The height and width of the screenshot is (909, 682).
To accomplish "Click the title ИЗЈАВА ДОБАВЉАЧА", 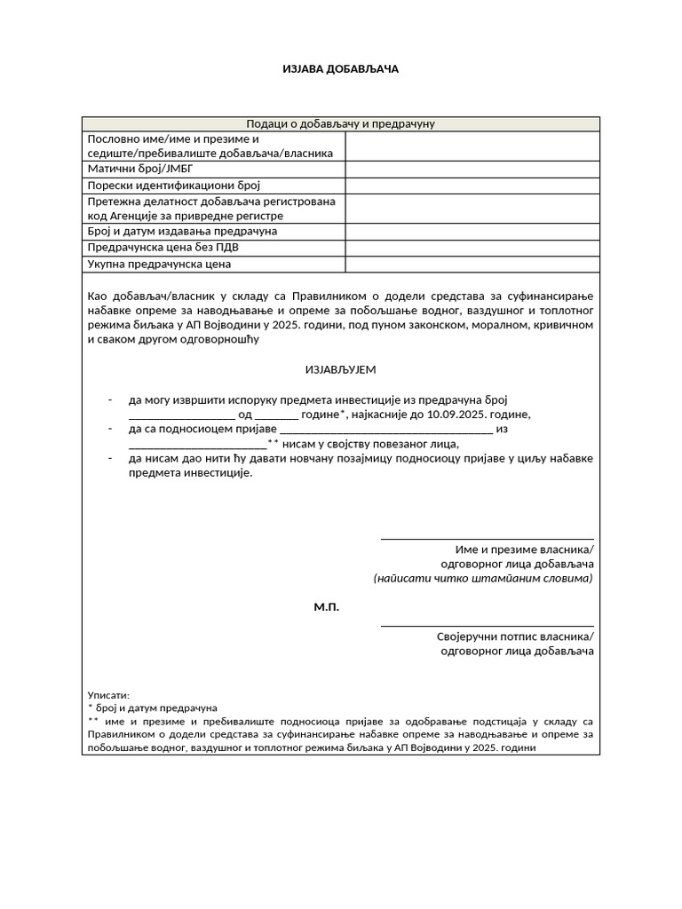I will click(x=340, y=69).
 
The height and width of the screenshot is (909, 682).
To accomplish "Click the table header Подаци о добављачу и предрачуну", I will click(x=340, y=124).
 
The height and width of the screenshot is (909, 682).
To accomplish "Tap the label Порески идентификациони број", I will click(x=172, y=186).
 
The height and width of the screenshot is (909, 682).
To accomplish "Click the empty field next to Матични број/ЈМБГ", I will click(x=472, y=169).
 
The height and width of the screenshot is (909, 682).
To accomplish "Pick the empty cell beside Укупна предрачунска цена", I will click(x=472, y=264).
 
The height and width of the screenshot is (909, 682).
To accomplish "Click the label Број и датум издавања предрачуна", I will click(x=182, y=231).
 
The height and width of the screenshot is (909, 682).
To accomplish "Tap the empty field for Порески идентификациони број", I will click(x=472, y=186).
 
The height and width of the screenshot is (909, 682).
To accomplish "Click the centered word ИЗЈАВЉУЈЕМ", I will click(x=340, y=369).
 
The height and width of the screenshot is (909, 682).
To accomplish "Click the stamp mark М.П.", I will click(x=326, y=608).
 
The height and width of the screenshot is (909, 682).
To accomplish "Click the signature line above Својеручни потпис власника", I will click(x=487, y=626).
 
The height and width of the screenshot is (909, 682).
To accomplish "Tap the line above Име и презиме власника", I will click(x=487, y=538).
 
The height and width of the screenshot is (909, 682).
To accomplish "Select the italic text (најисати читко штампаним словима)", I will click(x=482, y=578).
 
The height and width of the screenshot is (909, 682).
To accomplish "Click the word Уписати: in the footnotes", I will click(x=108, y=695).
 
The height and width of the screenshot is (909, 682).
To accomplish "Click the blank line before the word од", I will click(x=181, y=417).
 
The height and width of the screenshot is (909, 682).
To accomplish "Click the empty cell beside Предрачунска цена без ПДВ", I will click(x=472, y=248).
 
